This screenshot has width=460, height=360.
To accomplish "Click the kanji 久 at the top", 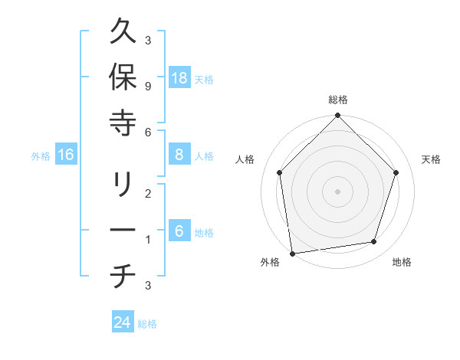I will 123,32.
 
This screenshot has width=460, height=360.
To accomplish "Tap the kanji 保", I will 123,77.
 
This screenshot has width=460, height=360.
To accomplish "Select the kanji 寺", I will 123,122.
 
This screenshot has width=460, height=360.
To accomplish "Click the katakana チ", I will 123,276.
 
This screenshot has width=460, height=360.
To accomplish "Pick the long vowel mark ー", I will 123,231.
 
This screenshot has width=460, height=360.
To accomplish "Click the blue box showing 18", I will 179,78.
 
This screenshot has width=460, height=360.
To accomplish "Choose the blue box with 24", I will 123,322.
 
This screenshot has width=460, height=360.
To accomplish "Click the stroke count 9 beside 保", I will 147,86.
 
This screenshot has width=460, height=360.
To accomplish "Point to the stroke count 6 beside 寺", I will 147,132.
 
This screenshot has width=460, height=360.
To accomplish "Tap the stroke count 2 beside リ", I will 147,194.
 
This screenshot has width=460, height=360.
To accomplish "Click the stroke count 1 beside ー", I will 147,239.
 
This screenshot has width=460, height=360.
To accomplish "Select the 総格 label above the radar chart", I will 338,100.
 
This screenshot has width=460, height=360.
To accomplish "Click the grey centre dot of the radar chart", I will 338,191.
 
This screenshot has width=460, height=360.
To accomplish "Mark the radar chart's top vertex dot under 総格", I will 338,116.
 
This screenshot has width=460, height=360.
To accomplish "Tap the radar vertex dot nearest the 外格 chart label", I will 292,253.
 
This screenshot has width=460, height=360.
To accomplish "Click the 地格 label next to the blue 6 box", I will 204,233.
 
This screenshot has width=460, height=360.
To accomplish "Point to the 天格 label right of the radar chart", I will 432,159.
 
